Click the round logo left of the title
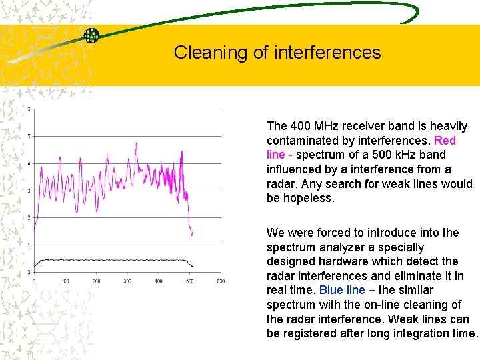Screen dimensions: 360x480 tap(91, 35)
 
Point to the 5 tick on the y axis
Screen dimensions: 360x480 tap(28, 137)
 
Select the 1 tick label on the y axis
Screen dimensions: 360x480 tap(28, 245)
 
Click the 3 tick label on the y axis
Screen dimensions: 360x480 tap(28, 191)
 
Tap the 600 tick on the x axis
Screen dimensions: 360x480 tap(220, 281)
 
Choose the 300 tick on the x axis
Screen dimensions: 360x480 tap(127, 281)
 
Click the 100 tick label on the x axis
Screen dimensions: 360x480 tap(65, 281)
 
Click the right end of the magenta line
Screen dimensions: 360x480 tap(193, 234)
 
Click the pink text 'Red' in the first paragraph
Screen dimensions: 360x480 tap(445, 141)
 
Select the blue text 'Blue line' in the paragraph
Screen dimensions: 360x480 tap(342, 290)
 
